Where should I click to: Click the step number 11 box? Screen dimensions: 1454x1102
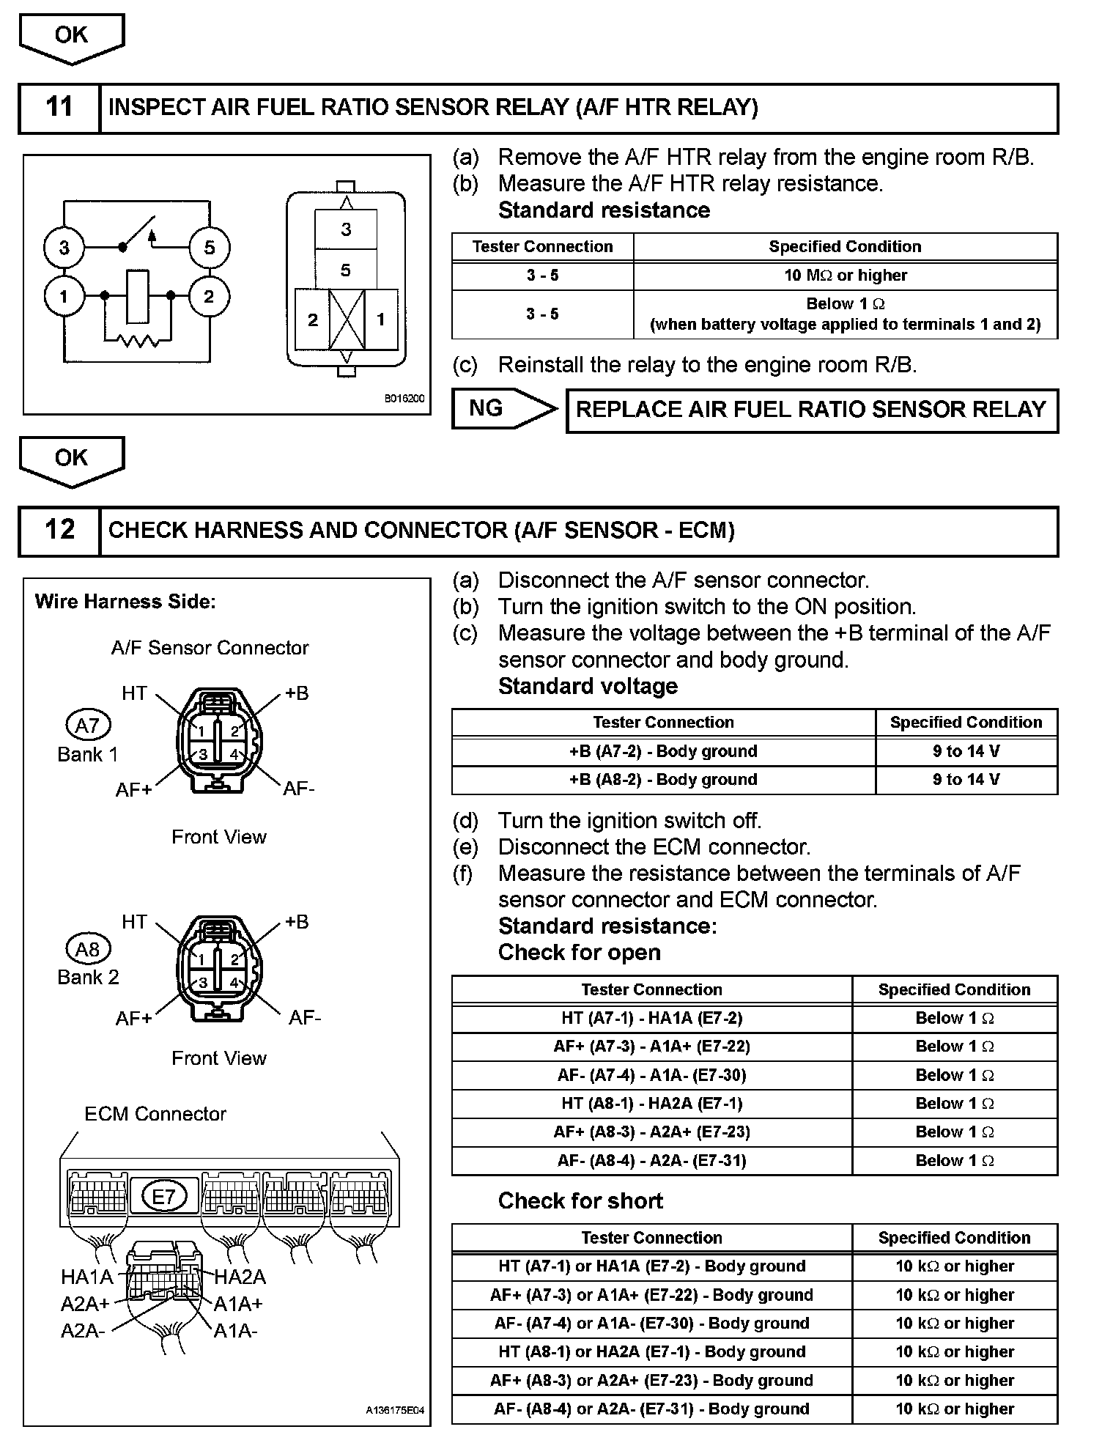point(59,108)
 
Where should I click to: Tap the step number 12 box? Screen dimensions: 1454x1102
point(59,531)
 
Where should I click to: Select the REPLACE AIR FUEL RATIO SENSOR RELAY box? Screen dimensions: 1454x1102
point(811,410)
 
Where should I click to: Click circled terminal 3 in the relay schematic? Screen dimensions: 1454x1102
point(64,248)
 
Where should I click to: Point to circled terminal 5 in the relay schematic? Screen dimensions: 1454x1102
point(210,248)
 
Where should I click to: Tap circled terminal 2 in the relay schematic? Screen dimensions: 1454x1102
point(209,296)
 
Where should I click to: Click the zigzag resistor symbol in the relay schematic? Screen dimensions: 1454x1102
point(137,340)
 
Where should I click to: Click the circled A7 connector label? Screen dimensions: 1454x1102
point(88,726)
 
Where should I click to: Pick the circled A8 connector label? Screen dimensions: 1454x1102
point(88,950)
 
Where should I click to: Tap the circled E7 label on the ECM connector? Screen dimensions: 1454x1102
point(163,1197)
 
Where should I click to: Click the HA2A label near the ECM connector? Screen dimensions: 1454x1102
point(240,1277)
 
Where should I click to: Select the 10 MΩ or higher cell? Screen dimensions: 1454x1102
point(845,276)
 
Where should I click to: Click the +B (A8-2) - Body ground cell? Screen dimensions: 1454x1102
point(663,780)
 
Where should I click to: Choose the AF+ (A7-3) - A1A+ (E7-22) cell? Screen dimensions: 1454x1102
point(651,1047)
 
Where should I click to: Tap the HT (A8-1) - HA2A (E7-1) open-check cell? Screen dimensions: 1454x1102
point(651,1104)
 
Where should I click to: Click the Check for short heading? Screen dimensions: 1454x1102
point(580,1200)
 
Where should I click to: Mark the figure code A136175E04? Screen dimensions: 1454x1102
point(395,1409)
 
